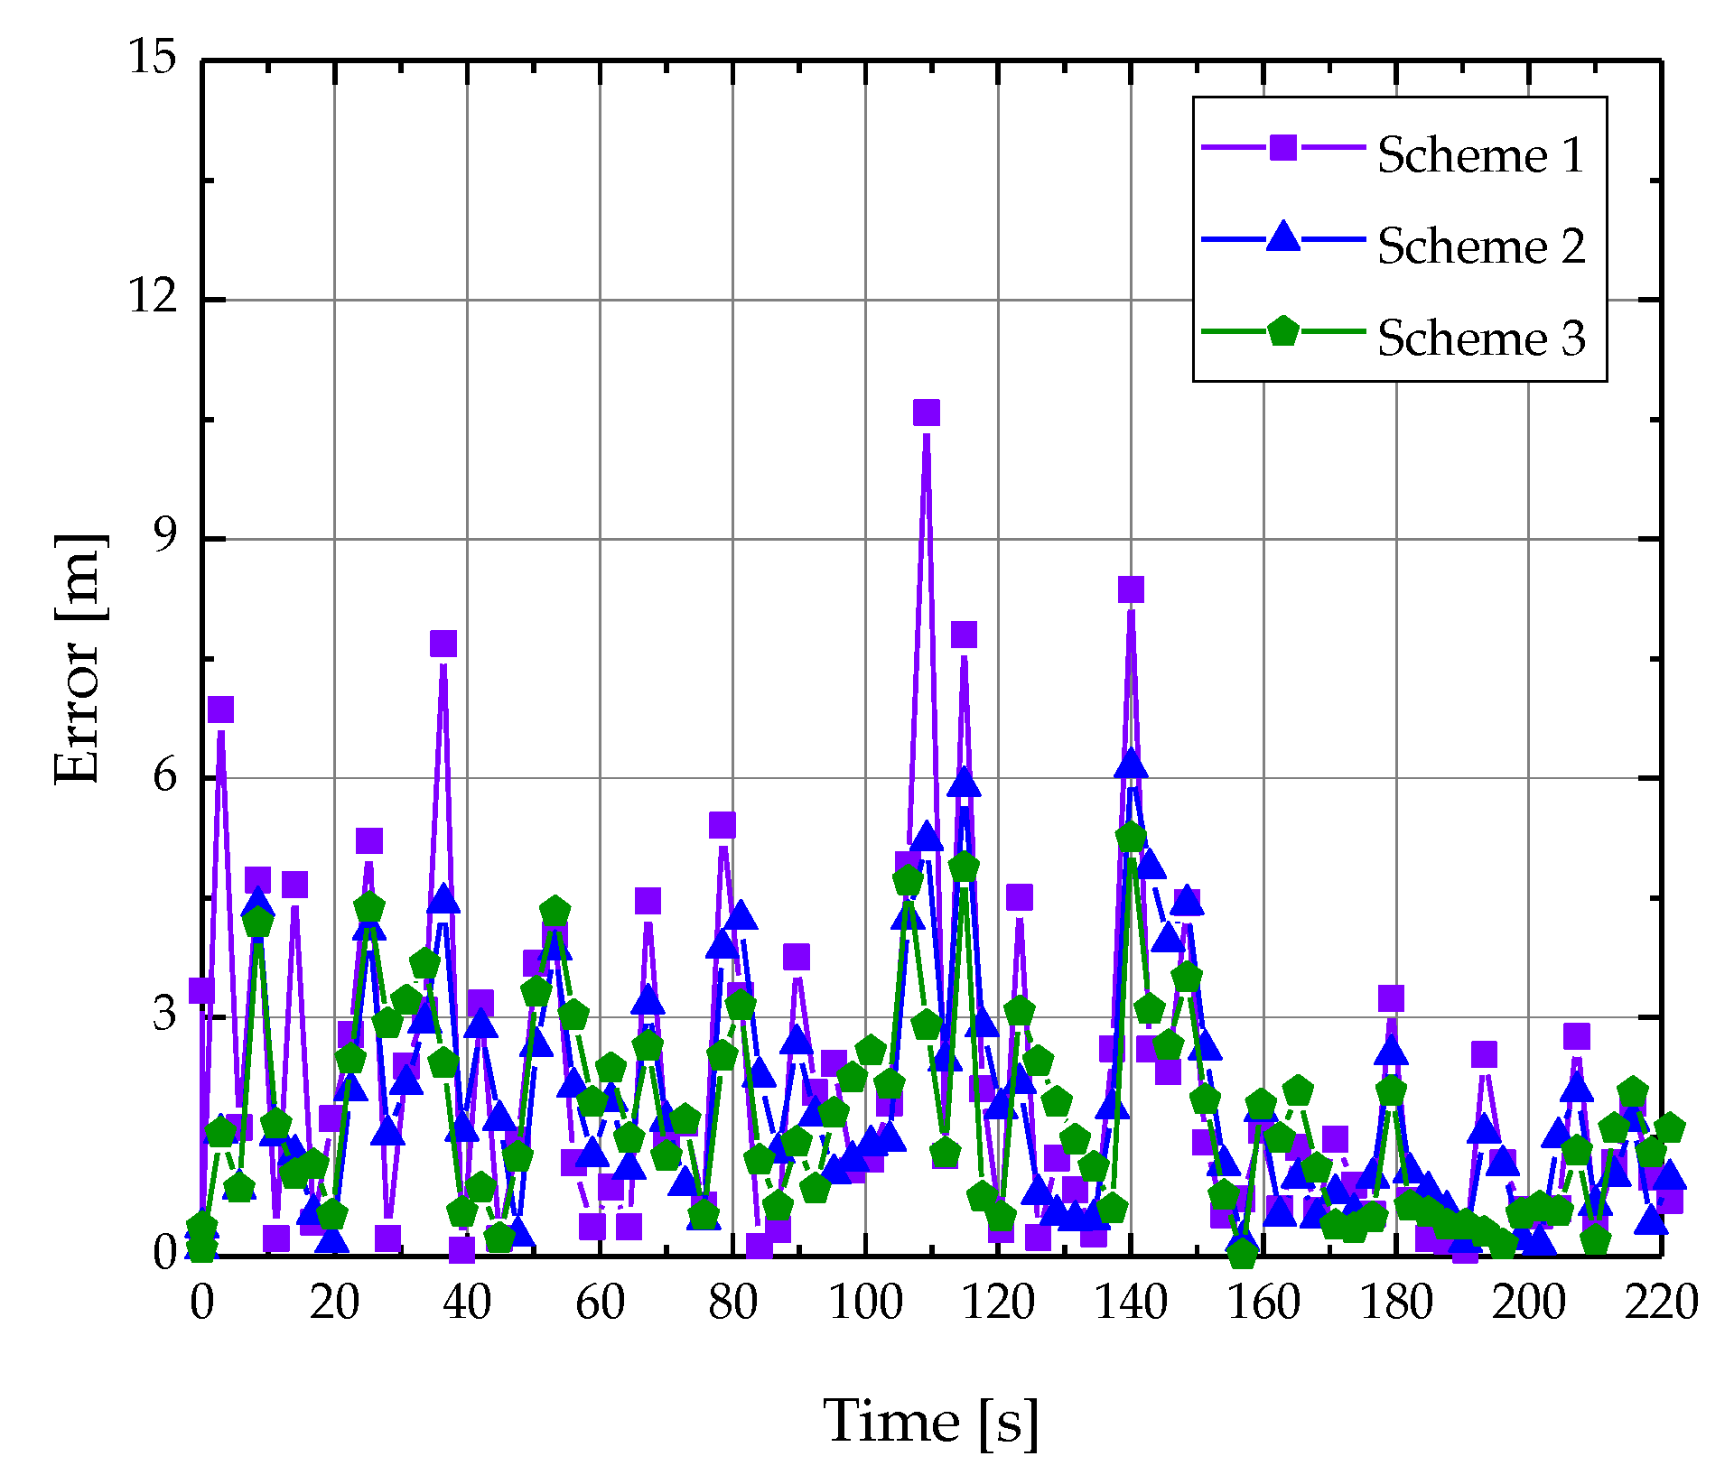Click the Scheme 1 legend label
(x=1480, y=154)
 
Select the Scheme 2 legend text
(x=1480, y=246)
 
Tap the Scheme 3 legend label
(x=1480, y=338)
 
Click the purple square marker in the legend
(x=1282, y=147)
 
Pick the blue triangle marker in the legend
(x=1282, y=238)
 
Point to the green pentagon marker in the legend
(x=1282, y=331)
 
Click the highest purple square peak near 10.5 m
(x=927, y=413)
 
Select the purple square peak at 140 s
(x=1131, y=589)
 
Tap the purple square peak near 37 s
(x=443, y=644)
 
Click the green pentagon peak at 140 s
(x=1131, y=838)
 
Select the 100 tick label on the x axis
(x=865, y=1303)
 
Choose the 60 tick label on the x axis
(x=600, y=1303)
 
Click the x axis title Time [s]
(x=931, y=1423)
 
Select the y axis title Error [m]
(x=79, y=659)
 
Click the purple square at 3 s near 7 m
(x=220, y=710)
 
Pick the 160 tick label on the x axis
(x=1263, y=1303)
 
